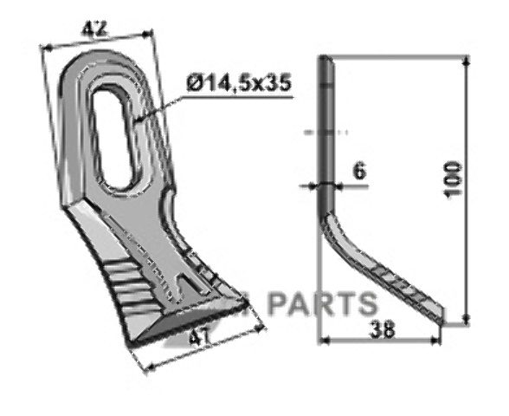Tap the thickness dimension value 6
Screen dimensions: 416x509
pos(358,171)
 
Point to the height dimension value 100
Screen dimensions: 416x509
pos(453,179)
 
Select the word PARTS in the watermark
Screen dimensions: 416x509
pos(320,303)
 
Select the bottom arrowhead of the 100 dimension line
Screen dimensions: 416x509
pos(467,319)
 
